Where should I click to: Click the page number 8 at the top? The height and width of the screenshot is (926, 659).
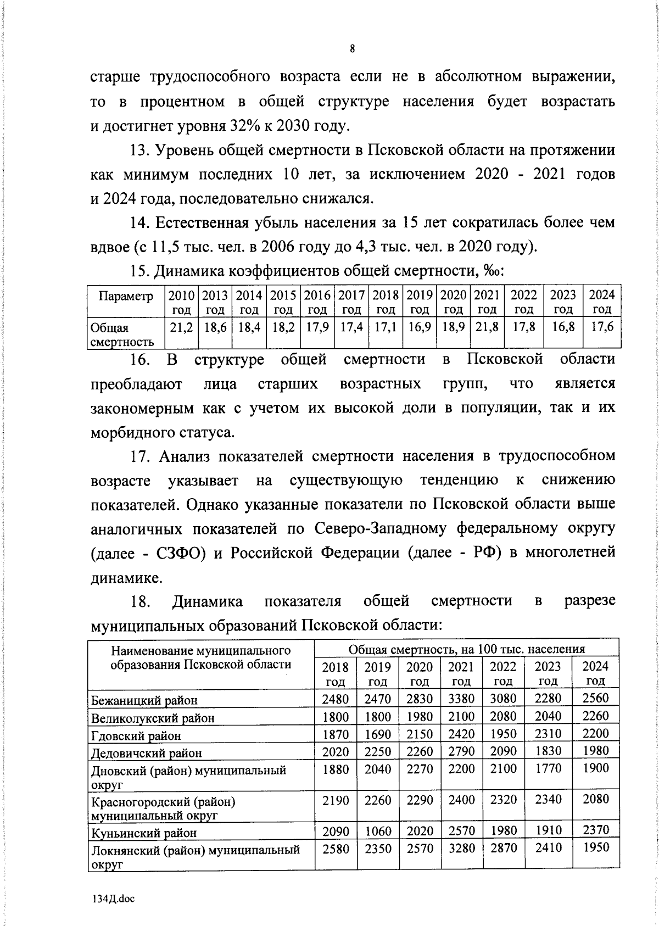(x=352, y=49)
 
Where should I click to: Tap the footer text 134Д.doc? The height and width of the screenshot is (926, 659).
(x=112, y=899)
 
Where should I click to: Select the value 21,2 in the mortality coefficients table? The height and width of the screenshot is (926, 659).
(x=181, y=327)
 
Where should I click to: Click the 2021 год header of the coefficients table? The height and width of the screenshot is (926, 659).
(x=487, y=302)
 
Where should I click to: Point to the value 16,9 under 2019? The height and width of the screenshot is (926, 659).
(x=420, y=327)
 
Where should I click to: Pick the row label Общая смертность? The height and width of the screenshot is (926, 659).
(x=121, y=334)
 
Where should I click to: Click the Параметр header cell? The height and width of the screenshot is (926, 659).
(x=126, y=296)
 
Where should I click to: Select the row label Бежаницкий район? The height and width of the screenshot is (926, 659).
(x=144, y=700)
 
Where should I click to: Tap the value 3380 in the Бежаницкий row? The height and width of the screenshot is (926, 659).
(x=461, y=699)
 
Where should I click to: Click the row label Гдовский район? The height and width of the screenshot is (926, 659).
(x=136, y=735)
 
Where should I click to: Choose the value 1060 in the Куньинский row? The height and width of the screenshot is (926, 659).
(x=378, y=832)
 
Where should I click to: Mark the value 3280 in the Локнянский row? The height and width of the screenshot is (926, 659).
(x=461, y=848)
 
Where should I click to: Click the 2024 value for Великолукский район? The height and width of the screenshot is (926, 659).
(x=595, y=716)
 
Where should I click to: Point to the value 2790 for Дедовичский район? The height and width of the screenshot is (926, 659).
(x=461, y=751)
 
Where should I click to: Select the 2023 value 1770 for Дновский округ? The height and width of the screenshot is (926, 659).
(x=548, y=769)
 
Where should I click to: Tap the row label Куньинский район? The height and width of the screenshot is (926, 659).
(x=143, y=833)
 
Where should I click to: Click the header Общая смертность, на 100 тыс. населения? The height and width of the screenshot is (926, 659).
(x=467, y=649)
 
